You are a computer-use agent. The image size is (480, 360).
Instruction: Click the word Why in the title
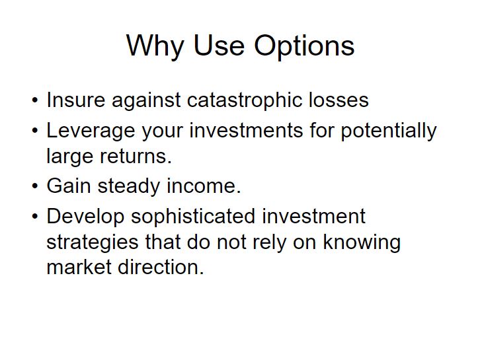[155, 46]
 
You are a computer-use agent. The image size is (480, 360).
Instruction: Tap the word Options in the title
[304, 46]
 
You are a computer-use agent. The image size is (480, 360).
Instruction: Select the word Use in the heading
[219, 46]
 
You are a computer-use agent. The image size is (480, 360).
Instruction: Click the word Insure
[75, 100]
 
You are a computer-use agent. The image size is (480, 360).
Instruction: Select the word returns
[136, 157]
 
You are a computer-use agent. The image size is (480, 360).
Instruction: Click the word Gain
[69, 186]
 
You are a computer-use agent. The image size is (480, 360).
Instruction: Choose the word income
[204, 186]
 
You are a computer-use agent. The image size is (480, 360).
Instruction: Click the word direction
[161, 267]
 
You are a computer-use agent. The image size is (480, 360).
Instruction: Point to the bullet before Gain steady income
[35, 186]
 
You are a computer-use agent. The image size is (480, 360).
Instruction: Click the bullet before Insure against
[35, 100]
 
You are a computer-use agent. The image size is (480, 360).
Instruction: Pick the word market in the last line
[79, 267]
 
